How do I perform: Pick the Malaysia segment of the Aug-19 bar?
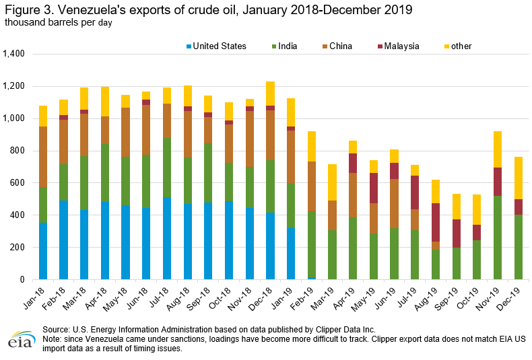[436, 222]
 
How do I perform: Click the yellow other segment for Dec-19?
[519, 178]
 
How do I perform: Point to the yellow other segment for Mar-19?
[333, 182]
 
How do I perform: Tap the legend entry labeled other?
[461, 46]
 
